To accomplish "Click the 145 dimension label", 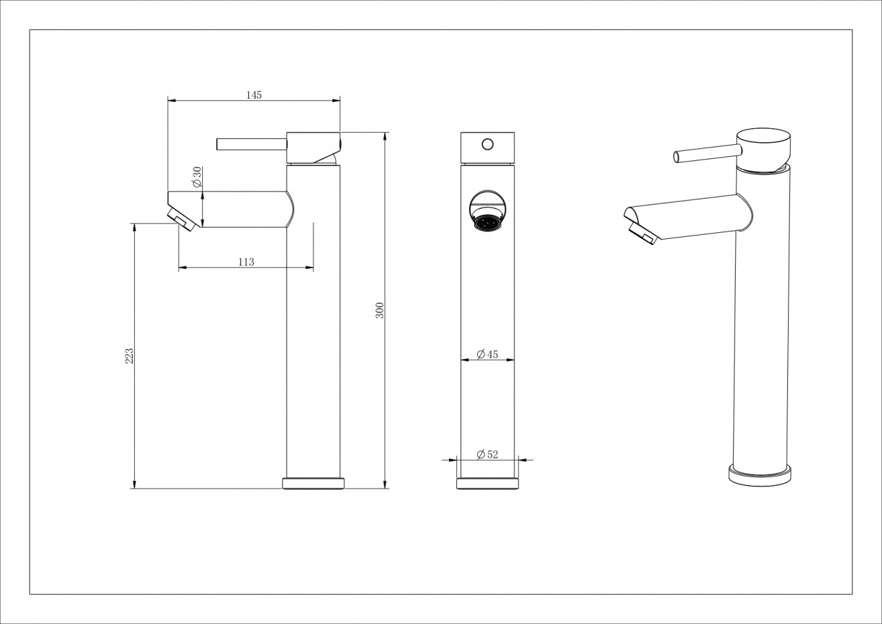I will [253, 95].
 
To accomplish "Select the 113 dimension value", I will [246, 262].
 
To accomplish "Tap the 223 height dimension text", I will [130, 356].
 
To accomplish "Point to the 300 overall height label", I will [379, 310].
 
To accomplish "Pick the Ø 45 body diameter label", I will [487, 354].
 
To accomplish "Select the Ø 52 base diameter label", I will [487, 455].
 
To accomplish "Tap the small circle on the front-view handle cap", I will [488, 143].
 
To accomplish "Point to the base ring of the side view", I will [313, 483].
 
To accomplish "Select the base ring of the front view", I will [488, 483].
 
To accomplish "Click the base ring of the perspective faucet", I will [761, 476].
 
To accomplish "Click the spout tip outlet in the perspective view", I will [642, 234].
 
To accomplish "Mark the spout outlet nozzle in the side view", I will [182, 220].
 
